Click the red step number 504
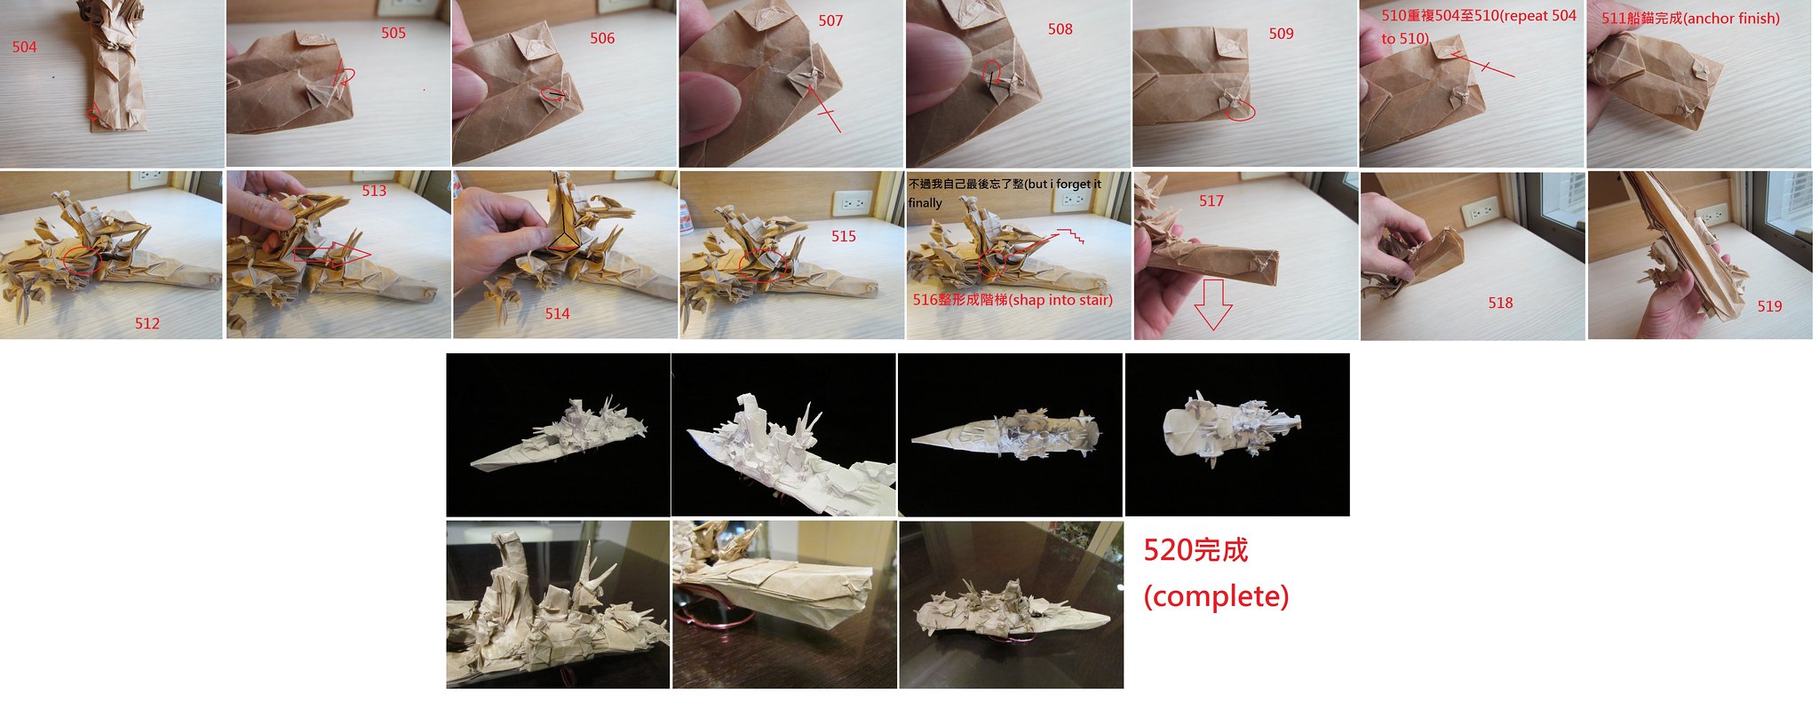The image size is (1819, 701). pos(25,47)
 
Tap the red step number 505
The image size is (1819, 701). pos(393,33)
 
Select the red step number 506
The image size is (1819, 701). pos(602,38)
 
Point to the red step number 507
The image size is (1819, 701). pos(830,20)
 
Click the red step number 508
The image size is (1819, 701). pos(1060,29)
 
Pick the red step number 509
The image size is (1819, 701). pos(1281,34)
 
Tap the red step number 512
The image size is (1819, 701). pos(147,324)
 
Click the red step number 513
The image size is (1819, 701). pos(374,191)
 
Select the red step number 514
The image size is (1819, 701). pos(558,313)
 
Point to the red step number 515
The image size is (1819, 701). pos(844,236)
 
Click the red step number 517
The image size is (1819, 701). pos(1211,201)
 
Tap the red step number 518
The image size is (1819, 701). pos(1500,303)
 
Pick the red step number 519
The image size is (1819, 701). pos(1769,306)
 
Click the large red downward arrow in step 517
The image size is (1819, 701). pos(1212,304)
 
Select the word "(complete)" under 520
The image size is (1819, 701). pos(1216,596)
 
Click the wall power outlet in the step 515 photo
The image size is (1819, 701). pos(854,204)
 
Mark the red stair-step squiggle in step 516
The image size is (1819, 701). pos(1068,236)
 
